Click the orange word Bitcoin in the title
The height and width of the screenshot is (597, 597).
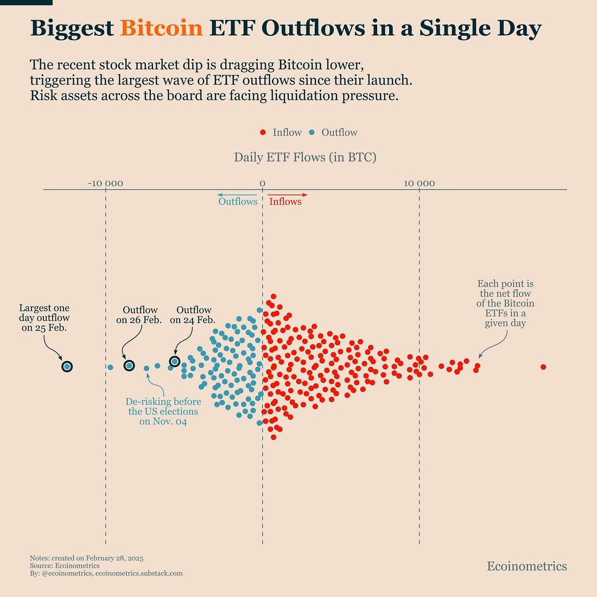pyautogui.click(x=161, y=28)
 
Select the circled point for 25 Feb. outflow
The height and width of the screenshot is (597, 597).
pyautogui.click(x=67, y=366)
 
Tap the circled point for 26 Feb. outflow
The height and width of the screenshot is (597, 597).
pyautogui.click(x=129, y=365)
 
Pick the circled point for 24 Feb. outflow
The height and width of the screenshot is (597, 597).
pyautogui.click(x=174, y=361)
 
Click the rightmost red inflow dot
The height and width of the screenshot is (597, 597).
pyautogui.click(x=543, y=367)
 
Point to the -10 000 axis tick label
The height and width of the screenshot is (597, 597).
pyautogui.click(x=105, y=183)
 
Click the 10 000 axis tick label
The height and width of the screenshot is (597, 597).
pyautogui.click(x=419, y=183)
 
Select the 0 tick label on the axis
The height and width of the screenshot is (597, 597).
pyautogui.click(x=262, y=183)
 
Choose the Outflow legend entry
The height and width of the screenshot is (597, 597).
pyautogui.click(x=333, y=132)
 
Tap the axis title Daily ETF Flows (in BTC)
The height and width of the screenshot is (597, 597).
pyautogui.click(x=305, y=157)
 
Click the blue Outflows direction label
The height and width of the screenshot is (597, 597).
pyautogui.click(x=238, y=201)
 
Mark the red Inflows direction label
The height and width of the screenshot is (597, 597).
pyautogui.click(x=285, y=201)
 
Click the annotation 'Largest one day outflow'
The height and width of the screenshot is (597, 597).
pyautogui.click(x=44, y=318)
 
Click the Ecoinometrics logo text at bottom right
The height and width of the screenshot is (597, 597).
pyautogui.click(x=526, y=566)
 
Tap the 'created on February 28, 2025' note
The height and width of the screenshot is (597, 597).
pyautogui.click(x=87, y=558)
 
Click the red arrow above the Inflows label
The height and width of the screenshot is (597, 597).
pyautogui.click(x=288, y=194)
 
